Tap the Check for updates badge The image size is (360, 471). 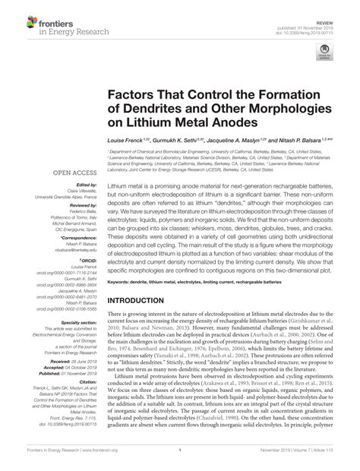pos(326,52)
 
